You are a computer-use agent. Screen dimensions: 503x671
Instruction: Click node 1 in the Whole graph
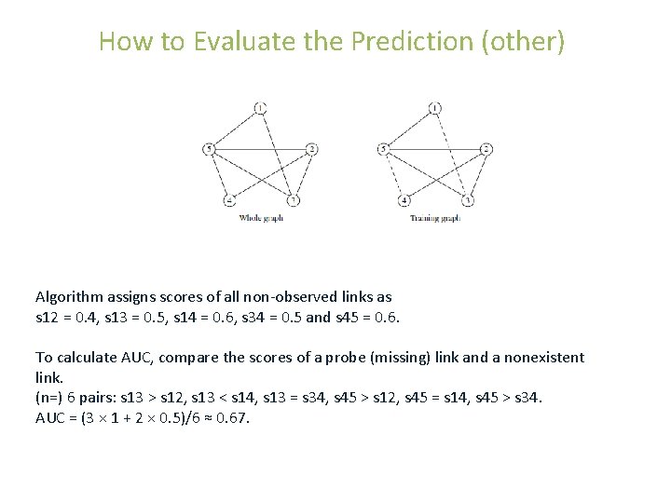[260, 108]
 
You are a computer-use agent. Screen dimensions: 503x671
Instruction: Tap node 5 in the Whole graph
[209, 149]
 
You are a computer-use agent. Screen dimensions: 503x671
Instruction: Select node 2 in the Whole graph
[311, 149]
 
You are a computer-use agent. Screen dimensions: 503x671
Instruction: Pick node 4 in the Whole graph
[228, 200]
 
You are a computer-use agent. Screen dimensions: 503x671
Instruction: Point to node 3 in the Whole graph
[293, 200]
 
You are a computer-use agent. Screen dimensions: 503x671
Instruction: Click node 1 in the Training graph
[435, 108]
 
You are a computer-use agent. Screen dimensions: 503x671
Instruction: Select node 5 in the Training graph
[383, 149]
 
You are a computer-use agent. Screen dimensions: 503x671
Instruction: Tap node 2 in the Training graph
[486, 149]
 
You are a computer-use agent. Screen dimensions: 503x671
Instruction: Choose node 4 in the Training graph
[404, 200]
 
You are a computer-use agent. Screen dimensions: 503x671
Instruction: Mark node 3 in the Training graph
[468, 200]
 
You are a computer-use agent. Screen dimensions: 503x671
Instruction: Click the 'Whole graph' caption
[261, 219]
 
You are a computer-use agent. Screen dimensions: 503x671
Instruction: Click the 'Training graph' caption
[435, 219]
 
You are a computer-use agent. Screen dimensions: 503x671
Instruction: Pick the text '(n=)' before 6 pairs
[50, 398]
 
